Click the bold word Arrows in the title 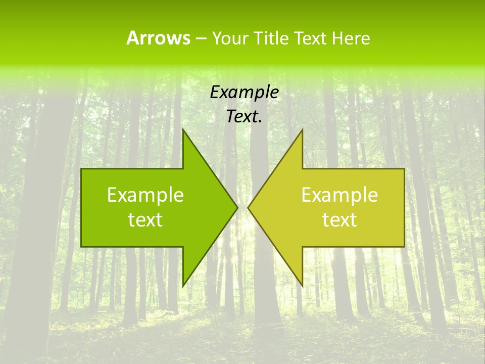(x=158, y=38)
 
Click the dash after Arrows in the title (x=201, y=38)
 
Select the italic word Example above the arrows (x=245, y=93)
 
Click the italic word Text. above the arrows (x=245, y=117)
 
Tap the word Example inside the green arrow (x=145, y=195)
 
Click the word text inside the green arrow (x=145, y=220)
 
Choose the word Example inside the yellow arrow (x=339, y=195)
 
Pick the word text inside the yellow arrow (x=339, y=220)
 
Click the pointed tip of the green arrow (x=237, y=207)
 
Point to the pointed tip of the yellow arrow (x=249, y=207)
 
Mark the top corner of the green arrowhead (x=183, y=129)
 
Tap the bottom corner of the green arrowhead (x=183, y=286)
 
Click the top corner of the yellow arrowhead (x=302, y=129)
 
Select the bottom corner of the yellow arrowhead (x=302, y=286)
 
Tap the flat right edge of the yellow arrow (x=404, y=207)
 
